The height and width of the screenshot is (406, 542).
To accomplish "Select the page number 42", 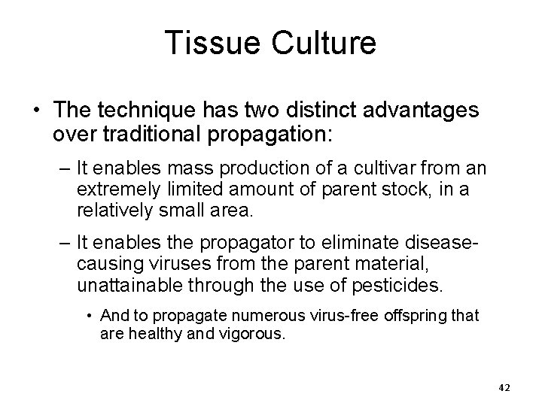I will pyautogui.click(x=504, y=387).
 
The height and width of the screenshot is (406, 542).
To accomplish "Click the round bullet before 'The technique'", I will pyautogui.click(x=38, y=111).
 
